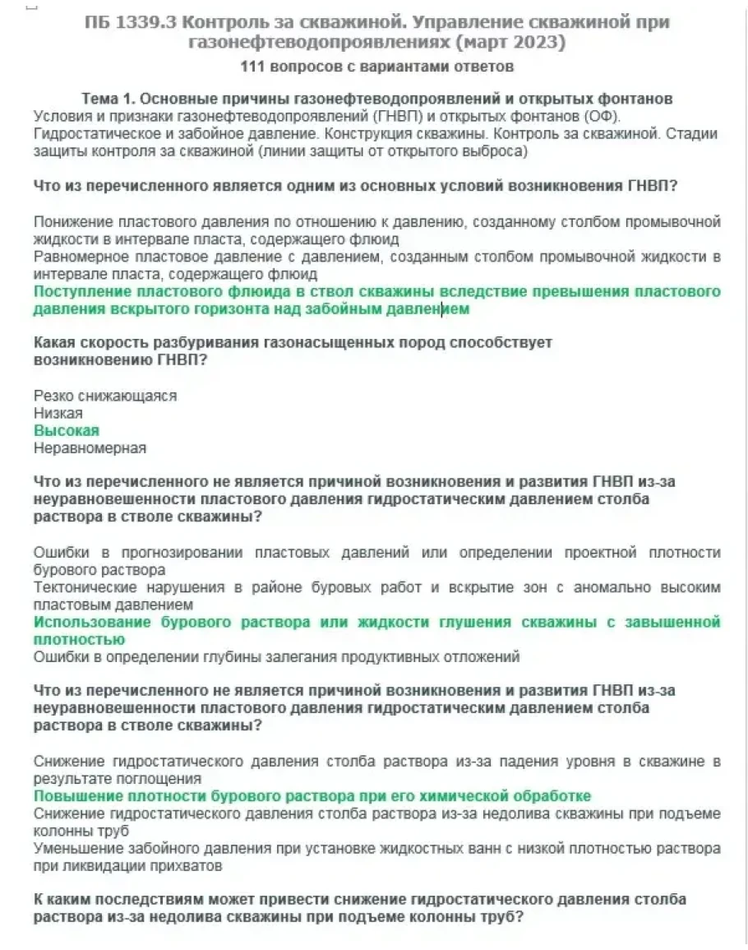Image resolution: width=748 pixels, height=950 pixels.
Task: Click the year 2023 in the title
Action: pyautogui.click(x=538, y=41)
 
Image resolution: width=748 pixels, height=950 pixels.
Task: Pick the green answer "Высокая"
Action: pyautogui.click(x=66, y=431)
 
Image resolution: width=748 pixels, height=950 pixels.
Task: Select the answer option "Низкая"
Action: pyautogui.click(x=58, y=414)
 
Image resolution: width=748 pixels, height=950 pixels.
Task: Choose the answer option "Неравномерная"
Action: pyautogui.click(x=90, y=448)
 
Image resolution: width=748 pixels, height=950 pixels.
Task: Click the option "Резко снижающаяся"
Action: pyautogui.click(x=105, y=396)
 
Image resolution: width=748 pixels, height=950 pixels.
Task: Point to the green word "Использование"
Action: pyautogui.click(x=93, y=623)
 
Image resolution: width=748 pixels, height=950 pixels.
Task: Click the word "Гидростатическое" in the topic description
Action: pyautogui.click(x=88, y=133)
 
